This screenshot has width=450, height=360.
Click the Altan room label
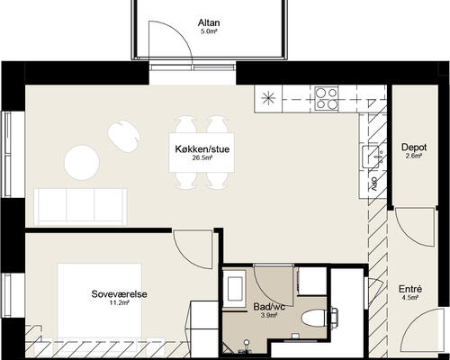pyautogui.click(x=209, y=22)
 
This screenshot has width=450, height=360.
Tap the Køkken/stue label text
pyautogui.click(x=202, y=149)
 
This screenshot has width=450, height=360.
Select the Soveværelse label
pyautogui.click(x=119, y=294)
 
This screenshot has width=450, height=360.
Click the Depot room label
pyautogui.click(x=414, y=148)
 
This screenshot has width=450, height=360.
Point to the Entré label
pyautogui.click(x=410, y=289)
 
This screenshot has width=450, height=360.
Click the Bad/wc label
pyautogui.click(x=269, y=307)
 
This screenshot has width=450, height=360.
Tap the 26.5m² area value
pyautogui.click(x=202, y=157)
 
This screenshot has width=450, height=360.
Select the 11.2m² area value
pyautogui.click(x=119, y=302)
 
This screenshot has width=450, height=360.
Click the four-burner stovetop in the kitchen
pyautogui.click(x=326, y=98)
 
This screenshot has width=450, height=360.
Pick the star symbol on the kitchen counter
pyautogui.click(x=268, y=99)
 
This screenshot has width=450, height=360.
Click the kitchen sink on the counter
pyautogui.click(x=371, y=157)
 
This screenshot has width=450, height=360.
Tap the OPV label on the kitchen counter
pyautogui.click(x=373, y=184)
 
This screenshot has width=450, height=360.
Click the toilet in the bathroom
pyautogui.click(x=313, y=318)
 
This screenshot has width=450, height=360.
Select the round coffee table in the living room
pyautogui.click(x=82, y=163)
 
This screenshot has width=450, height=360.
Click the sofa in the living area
pyautogui.click(x=80, y=207)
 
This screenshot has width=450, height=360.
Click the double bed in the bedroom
pyautogui.click(x=100, y=301)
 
